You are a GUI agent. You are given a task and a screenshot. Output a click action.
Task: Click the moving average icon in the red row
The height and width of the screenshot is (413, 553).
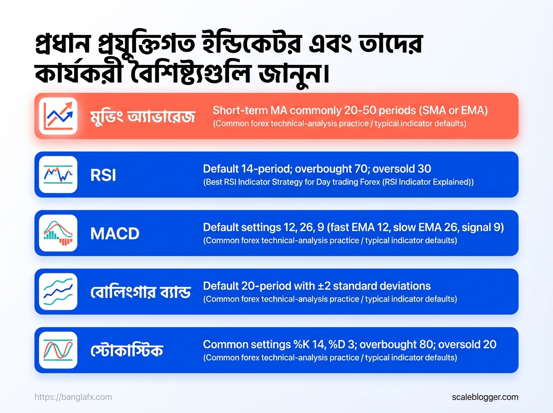(58, 116)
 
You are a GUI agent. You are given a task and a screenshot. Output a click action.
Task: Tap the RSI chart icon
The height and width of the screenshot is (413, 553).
(58, 174)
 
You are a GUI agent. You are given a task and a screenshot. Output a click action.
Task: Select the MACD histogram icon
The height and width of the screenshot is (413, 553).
(58, 233)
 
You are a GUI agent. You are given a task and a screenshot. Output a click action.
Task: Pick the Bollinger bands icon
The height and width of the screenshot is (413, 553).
(58, 292)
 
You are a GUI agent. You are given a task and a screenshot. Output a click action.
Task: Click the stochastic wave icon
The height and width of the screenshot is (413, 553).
(58, 350)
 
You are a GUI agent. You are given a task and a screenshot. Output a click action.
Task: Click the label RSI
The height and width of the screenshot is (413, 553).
(103, 175)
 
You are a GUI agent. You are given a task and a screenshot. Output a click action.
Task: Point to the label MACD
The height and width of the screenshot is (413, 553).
(115, 234)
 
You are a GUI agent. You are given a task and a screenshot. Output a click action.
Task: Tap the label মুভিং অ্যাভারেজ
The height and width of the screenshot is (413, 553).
(143, 117)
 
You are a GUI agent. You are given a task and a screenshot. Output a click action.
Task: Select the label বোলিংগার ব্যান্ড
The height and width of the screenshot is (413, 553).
(141, 292)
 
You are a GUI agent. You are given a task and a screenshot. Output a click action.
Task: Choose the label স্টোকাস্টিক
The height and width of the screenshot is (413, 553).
(127, 350)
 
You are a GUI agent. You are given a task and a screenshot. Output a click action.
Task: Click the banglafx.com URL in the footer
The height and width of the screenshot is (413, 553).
(73, 397)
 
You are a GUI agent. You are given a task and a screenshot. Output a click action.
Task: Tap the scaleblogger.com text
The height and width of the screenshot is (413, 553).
(485, 397)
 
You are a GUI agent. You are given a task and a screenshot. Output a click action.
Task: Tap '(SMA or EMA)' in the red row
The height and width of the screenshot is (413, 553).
(453, 111)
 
